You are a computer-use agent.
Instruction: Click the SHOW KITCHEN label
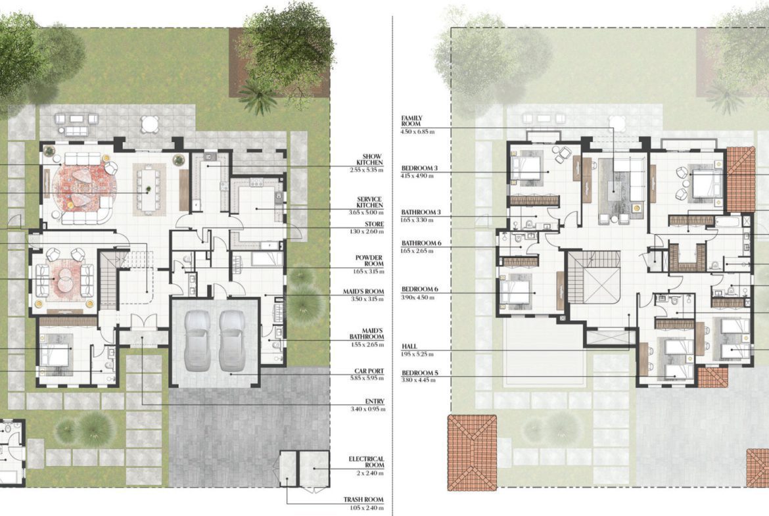(x=370, y=160)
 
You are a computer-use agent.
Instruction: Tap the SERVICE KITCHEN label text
(x=370, y=202)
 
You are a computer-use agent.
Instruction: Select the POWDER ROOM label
(x=369, y=260)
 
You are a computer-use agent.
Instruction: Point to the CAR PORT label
(x=369, y=371)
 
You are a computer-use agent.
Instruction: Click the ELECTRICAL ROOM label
(x=366, y=462)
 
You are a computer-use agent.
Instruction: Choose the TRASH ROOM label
(x=364, y=500)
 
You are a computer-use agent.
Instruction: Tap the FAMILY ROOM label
(x=411, y=121)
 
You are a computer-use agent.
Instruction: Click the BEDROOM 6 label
(x=420, y=289)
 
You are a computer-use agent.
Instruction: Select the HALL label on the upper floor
(x=409, y=346)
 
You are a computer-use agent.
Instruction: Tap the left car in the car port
(x=197, y=341)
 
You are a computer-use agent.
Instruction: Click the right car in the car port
(x=232, y=341)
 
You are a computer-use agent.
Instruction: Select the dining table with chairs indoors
(x=149, y=189)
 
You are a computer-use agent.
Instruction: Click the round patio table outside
(x=150, y=124)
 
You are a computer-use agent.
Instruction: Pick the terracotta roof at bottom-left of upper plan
(x=472, y=452)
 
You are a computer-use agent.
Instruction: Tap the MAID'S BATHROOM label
(x=366, y=334)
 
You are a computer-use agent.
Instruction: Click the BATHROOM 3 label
(x=421, y=212)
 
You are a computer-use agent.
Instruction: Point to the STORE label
(x=374, y=224)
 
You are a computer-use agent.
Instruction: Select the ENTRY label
(x=375, y=402)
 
